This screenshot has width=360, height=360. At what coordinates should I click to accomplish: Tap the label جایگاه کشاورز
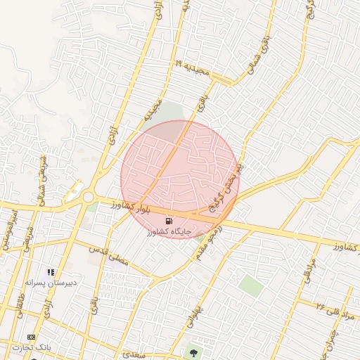(x=169, y=231)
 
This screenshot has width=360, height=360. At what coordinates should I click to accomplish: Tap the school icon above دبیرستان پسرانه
(x=51, y=271)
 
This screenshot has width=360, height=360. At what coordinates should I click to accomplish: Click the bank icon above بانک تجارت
(x=31, y=338)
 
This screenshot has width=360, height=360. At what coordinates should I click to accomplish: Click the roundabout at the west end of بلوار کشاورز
(x=89, y=198)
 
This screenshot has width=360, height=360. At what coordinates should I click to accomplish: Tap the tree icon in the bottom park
(x=195, y=352)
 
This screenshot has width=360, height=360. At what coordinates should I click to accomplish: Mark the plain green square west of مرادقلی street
(x=250, y=285)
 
